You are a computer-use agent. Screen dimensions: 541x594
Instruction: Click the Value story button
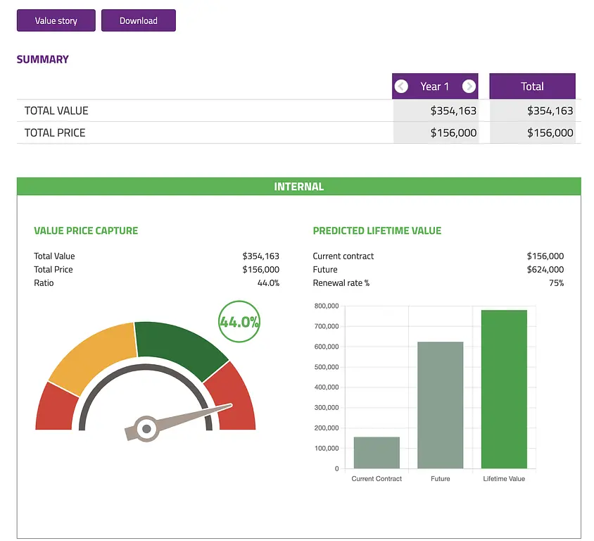[56, 20]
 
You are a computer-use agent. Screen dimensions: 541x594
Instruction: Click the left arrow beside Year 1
[401, 87]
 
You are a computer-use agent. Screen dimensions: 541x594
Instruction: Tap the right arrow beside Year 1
[469, 87]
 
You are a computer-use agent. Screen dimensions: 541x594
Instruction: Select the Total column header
[532, 87]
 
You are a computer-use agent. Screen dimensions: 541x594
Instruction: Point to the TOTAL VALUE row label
[56, 111]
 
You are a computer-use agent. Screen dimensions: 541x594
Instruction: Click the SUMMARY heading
[43, 59]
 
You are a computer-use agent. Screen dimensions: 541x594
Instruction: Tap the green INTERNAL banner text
[299, 187]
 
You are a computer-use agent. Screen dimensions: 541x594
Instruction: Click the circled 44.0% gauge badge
[239, 322]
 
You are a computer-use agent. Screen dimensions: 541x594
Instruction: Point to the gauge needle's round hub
[146, 428]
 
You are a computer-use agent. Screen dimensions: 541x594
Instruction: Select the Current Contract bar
[377, 452]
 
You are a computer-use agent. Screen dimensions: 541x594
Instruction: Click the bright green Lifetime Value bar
[504, 389]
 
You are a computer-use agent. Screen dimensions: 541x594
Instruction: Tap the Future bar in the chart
[441, 405]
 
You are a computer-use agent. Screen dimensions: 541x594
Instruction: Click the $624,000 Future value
[545, 269]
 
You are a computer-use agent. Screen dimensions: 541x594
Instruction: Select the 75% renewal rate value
[556, 282]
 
